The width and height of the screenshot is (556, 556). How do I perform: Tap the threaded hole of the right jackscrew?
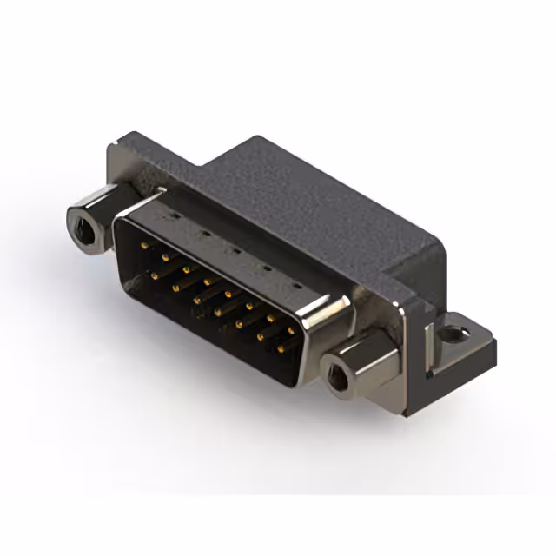tap(336, 377)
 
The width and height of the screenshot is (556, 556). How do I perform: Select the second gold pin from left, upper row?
tap(164, 258)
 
